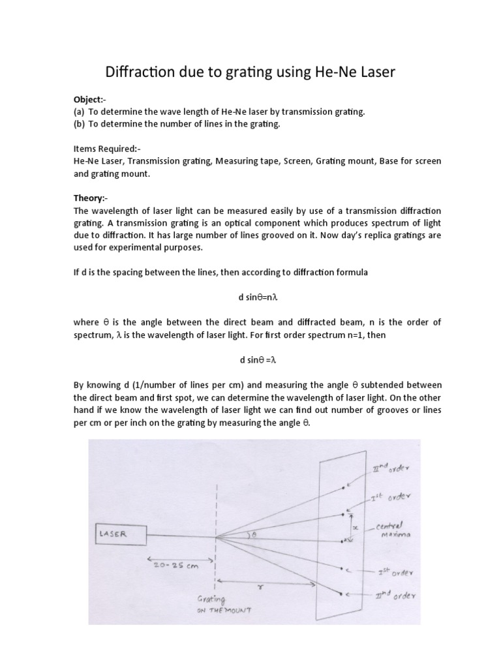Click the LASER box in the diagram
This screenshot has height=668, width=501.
coord(120,534)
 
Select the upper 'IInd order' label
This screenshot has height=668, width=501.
coord(389,468)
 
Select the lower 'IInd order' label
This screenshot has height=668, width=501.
coord(393,595)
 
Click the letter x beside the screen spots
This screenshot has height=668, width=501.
coord(354,526)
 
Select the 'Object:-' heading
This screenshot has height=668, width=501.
coord(89,100)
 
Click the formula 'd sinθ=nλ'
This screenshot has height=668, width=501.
coord(250,296)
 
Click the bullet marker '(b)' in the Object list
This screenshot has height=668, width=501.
coord(79,124)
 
